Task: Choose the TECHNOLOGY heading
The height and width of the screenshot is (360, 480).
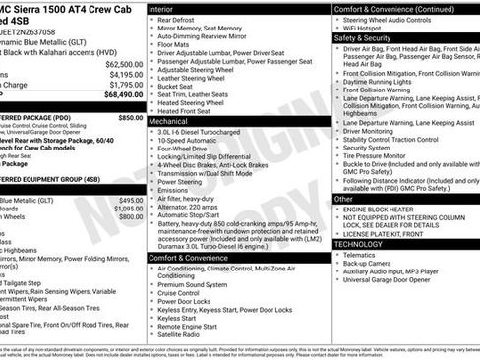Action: click(x=366, y=244)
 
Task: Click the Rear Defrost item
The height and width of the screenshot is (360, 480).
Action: click(x=177, y=19)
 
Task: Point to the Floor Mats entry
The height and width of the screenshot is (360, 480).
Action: click(x=173, y=44)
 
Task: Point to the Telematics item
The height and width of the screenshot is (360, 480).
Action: click(x=362, y=254)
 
